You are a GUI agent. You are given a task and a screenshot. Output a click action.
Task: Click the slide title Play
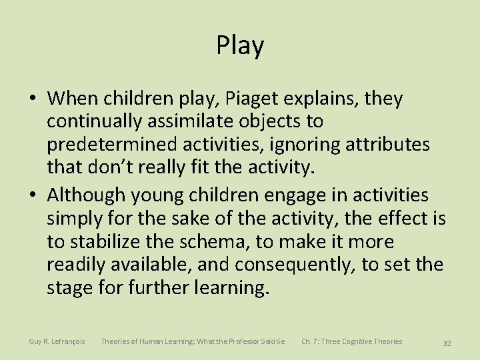(x=240, y=45)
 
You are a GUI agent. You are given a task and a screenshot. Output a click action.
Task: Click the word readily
(x=77, y=265)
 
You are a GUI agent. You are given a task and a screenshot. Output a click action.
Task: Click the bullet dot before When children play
(x=33, y=99)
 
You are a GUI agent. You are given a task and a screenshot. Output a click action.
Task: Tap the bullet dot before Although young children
(x=33, y=195)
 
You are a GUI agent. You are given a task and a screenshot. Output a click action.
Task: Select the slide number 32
(x=447, y=343)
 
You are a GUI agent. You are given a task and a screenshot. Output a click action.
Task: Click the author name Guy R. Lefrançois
(x=57, y=341)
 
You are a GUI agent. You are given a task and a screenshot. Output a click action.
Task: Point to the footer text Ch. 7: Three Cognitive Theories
(x=351, y=341)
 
